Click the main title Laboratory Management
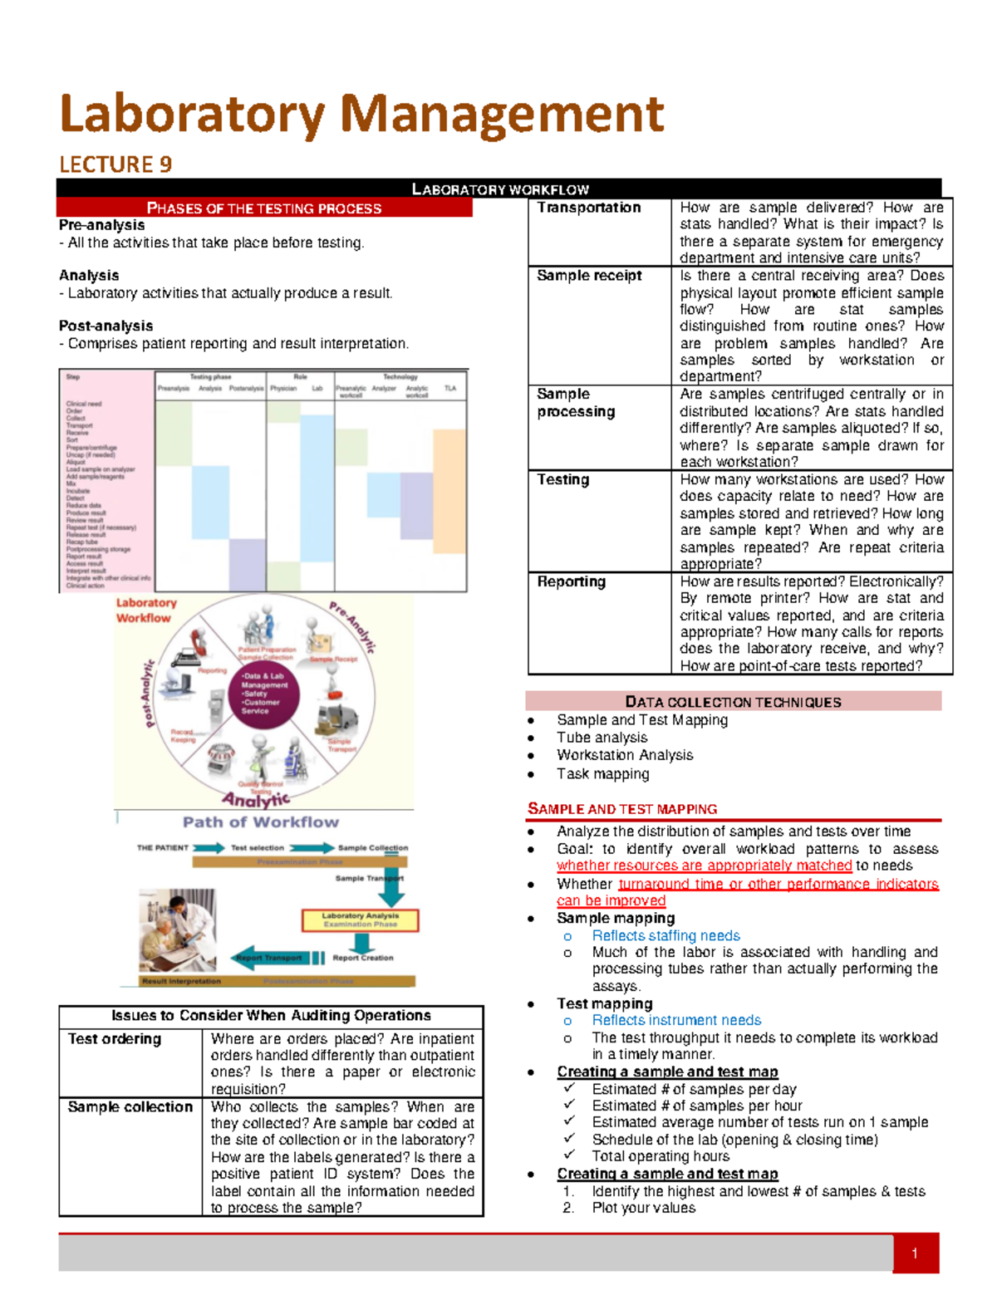pyautogui.click(x=361, y=114)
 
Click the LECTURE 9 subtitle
pyautogui.click(x=115, y=164)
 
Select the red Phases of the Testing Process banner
pyautogui.click(x=264, y=208)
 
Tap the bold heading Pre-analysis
pyautogui.click(x=101, y=225)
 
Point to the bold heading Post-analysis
pyautogui.click(x=106, y=326)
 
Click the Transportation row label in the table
pyautogui.click(x=588, y=208)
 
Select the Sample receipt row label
pyautogui.click(x=589, y=275)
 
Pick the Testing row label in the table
pyautogui.click(x=562, y=479)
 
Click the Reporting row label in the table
pyautogui.click(x=571, y=581)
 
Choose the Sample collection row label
pyautogui.click(x=130, y=1106)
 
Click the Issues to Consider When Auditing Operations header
pyautogui.click(x=271, y=1015)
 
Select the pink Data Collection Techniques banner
pyautogui.click(x=733, y=702)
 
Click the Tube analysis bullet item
pyautogui.click(x=602, y=738)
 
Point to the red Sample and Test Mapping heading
pyautogui.click(x=622, y=809)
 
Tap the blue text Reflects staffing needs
pyautogui.click(x=665, y=935)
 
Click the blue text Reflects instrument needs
pyautogui.click(x=676, y=1020)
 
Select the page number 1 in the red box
pyautogui.click(x=915, y=1253)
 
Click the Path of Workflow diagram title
pyautogui.click(x=261, y=822)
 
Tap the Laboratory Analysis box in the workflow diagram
pyautogui.click(x=360, y=920)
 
